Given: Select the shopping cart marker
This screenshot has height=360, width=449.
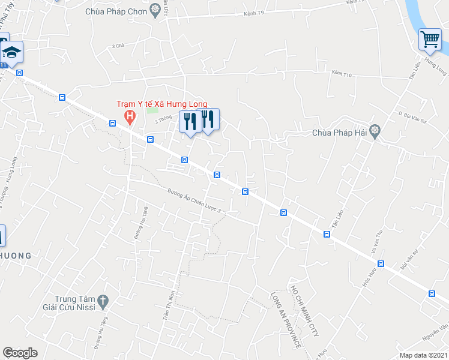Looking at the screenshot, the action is [x=430, y=40].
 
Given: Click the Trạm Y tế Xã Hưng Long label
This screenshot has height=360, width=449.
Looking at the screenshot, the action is [x=161, y=104].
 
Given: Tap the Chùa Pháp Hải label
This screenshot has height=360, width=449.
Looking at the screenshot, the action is [x=340, y=133].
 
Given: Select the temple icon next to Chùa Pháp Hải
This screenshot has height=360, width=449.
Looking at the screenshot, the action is [x=375, y=130].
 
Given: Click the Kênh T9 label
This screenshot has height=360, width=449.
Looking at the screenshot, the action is [x=254, y=13].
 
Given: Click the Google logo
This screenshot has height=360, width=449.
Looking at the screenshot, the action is [x=20, y=353].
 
